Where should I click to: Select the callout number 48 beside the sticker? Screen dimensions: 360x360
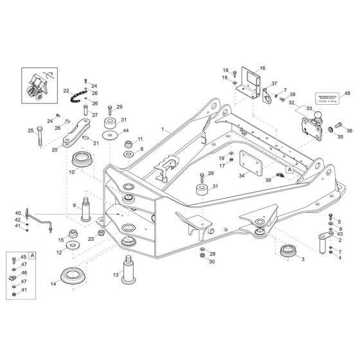point(347,94)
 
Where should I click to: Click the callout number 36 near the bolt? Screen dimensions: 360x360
point(350,130)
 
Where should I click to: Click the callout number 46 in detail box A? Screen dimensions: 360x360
point(24,273)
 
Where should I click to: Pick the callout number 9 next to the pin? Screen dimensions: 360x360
point(75,206)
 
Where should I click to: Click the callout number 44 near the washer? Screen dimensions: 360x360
point(126,131)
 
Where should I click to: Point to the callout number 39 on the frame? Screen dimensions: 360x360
point(267,182)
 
